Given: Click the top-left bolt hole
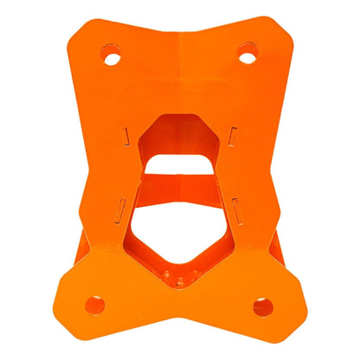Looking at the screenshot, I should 111,58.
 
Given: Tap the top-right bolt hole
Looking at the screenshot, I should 247,58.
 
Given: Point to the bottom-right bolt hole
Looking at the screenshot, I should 263,305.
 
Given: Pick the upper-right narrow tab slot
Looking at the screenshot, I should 233,134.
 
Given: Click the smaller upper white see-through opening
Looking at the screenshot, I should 179,164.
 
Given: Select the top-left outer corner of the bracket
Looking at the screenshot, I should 80,23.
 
